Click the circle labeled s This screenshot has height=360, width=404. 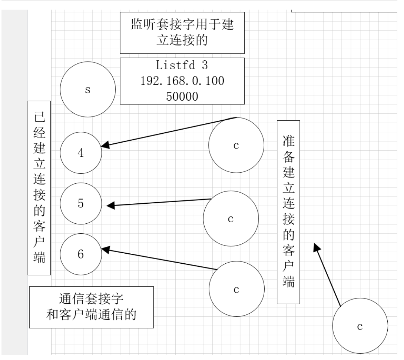tap(87, 90)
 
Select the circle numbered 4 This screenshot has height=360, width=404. tap(81, 152)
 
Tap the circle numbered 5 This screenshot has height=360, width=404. tap(81, 203)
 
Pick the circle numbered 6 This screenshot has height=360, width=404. tap(81, 254)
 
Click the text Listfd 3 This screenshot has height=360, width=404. tap(182, 66)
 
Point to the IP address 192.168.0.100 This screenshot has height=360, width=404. tap(182, 81)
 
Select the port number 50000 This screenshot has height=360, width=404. tap(182, 96)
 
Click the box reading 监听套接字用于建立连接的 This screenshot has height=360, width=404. tap(182, 33)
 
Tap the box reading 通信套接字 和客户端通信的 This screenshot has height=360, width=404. tap(91, 307)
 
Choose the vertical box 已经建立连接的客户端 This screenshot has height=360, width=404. tap(39, 188)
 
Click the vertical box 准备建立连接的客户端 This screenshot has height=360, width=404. tap(288, 212)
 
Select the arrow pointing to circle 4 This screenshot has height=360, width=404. tap(169, 131)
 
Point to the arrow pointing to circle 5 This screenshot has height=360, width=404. tap(159, 202)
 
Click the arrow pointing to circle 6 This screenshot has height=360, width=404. tap(159, 259)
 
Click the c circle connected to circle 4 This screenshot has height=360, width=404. tap(236, 146)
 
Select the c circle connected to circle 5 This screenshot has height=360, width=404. tap(231, 219)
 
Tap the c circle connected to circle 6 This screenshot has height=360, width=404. tap(236, 289)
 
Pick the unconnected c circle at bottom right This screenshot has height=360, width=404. tap(360, 326)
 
